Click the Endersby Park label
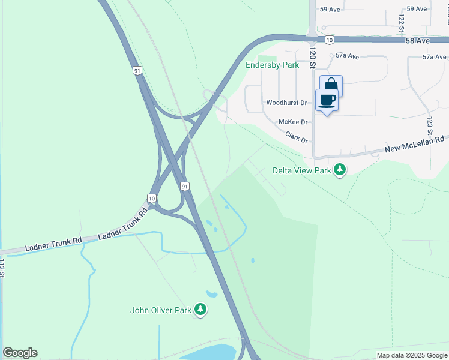click(271, 65)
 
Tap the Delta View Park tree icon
click(340, 170)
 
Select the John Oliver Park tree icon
click(200, 310)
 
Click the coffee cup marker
click(327, 100)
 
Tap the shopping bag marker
click(331, 85)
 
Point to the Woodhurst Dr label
click(287, 103)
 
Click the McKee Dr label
click(293, 122)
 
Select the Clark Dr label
click(297, 137)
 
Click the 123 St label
click(430, 125)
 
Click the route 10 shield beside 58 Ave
click(329, 40)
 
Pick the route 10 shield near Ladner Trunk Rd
click(152, 198)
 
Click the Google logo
click(20, 353)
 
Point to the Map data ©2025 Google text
click(411, 355)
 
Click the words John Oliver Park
click(160, 310)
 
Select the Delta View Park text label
click(302, 171)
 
